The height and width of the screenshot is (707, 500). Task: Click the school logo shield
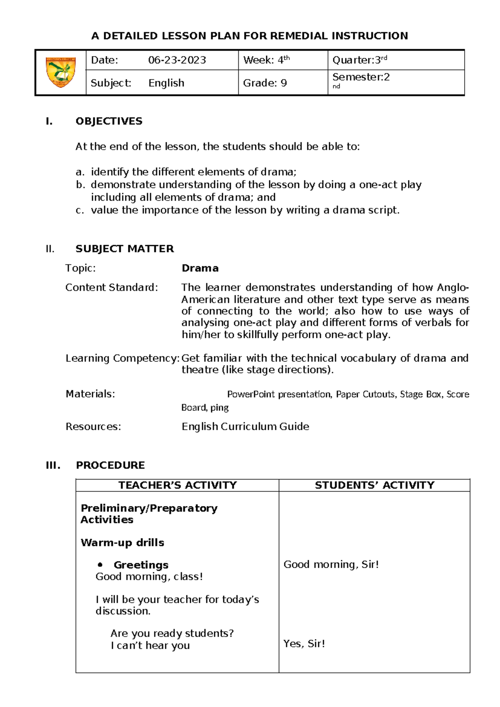point(61,72)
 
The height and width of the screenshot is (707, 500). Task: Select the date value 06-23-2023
point(177,60)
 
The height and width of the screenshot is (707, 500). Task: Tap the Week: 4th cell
point(266,60)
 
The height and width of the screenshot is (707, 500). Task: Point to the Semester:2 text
point(361,77)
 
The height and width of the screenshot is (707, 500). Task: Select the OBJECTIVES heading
point(109,121)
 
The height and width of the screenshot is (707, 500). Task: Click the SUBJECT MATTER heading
point(125,249)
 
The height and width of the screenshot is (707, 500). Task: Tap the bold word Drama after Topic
point(200,268)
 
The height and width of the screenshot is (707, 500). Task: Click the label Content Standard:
point(112,288)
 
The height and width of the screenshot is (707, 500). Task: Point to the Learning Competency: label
point(122,359)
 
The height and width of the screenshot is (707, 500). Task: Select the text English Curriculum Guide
point(245,426)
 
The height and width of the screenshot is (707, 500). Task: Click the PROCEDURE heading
point(110,465)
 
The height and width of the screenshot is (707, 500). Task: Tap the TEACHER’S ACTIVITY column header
point(177,485)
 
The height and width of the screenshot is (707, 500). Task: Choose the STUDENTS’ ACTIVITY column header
point(375,485)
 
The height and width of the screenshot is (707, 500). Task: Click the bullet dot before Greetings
point(100,565)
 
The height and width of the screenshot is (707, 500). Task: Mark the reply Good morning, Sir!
point(331,564)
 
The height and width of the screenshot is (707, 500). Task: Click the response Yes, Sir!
point(304,644)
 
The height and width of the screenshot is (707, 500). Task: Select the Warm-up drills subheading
point(122,543)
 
